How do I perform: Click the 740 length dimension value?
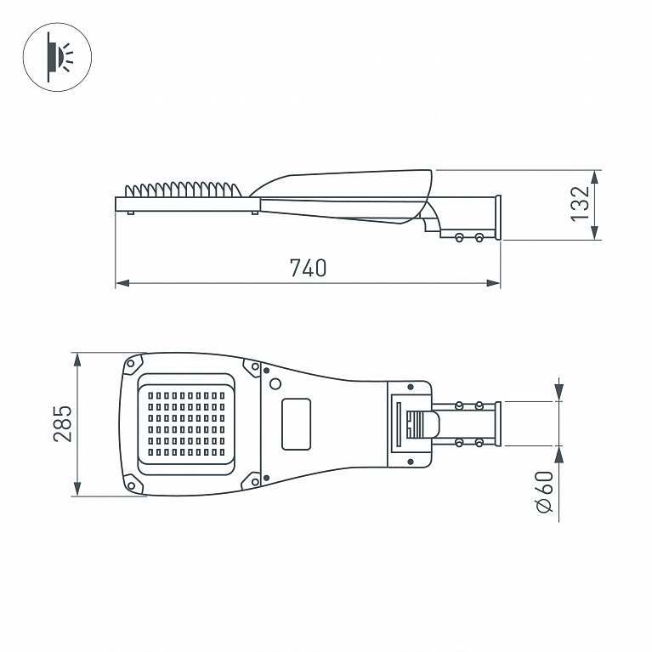coord(308,268)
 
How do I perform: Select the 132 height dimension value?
coord(581,204)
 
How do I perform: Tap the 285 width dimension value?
coord(63,423)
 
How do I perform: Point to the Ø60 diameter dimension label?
coord(544,491)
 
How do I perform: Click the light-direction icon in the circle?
coord(58,57)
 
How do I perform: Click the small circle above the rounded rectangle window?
coord(275,383)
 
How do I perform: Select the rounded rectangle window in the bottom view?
coord(297,424)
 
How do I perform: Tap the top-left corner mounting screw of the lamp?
coord(131,364)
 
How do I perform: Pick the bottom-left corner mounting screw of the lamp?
coord(131,485)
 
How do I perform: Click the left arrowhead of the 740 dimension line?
coord(122,283)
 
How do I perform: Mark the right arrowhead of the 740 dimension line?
coord(493,283)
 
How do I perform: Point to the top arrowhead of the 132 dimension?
coord(594,177)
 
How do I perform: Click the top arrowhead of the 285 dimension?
coord(77,360)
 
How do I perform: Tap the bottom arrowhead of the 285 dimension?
coord(77,489)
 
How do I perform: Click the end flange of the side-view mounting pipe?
coord(498,218)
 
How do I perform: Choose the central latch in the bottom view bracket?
coord(422,424)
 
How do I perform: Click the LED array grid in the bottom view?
coord(186,423)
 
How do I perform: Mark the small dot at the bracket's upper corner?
coord(411,387)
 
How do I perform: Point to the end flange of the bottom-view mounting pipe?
coord(498,423)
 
